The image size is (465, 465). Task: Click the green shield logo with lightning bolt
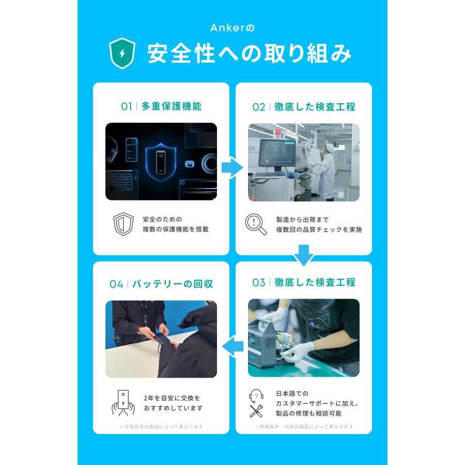[122, 53]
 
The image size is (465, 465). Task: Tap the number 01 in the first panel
[127, 106]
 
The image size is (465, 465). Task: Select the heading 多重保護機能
[171, 106]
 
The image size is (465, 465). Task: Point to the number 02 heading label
[258, 107]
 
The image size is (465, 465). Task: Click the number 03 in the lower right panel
[258, 283]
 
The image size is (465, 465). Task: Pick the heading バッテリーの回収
[173, 284]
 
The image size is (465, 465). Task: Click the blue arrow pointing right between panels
[232, 167]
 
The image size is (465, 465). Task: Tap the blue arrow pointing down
[303, 255]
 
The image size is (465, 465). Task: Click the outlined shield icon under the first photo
[123, 224]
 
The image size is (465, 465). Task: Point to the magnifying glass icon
[256, 224]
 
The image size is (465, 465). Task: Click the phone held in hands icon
[123, 402]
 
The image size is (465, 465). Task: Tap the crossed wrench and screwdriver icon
[256, 411]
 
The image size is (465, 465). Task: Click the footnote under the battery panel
[161, 427]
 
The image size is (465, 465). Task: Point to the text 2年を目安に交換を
[172, 398]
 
